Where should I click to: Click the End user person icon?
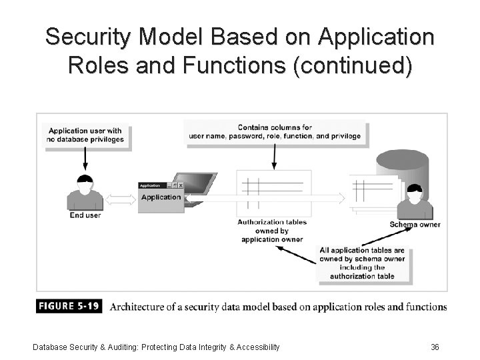(85, 193)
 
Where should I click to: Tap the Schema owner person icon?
(414, 201)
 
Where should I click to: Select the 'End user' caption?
(85, 215)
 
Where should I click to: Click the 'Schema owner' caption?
(415, 225)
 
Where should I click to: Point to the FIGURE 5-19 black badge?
(69, 307)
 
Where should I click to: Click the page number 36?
(435, 347)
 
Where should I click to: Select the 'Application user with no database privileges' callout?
(85, 135)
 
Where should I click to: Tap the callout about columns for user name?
(274, 131)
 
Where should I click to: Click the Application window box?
(161, 197)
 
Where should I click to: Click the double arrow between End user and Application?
(121, 199)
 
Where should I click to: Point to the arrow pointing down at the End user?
(85, 159)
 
